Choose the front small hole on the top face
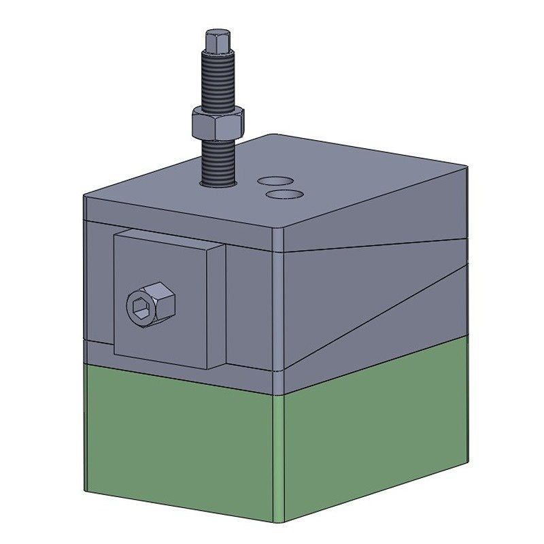tap(284, 194)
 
